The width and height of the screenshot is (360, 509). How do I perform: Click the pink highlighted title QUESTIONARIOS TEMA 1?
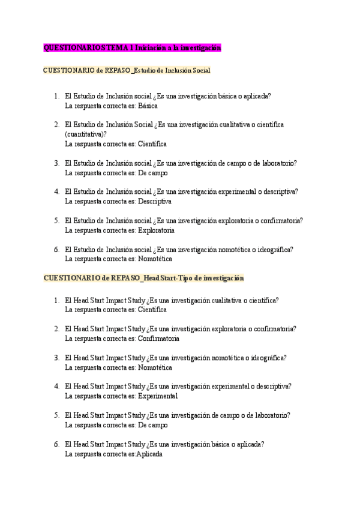coord(133,47)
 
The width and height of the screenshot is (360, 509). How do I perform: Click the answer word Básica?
coord(147,106)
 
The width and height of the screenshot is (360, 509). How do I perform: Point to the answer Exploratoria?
coord(156,230)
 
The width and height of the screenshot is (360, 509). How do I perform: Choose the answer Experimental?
coord(157,396)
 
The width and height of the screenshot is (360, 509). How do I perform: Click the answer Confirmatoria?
coord(158,339)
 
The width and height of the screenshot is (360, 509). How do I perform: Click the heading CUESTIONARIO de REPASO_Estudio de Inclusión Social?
coord(127,70)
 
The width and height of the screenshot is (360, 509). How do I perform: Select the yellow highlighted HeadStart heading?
coord(144,279)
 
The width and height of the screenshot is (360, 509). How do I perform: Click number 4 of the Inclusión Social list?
coord(56,191)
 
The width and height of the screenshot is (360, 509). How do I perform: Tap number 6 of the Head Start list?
coord(56,444)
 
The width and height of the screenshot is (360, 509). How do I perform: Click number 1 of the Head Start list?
coord(56,300)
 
